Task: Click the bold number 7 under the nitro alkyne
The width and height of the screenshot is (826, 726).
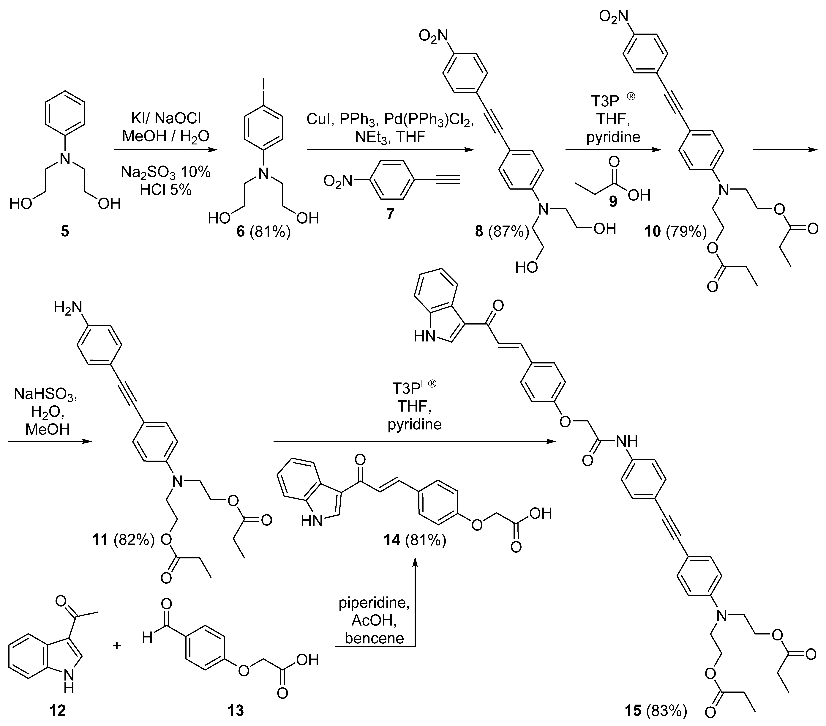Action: click(390, 214)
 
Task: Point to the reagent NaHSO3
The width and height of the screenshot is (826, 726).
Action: click(45, 394)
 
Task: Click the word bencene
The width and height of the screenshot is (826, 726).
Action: click(374, 638)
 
